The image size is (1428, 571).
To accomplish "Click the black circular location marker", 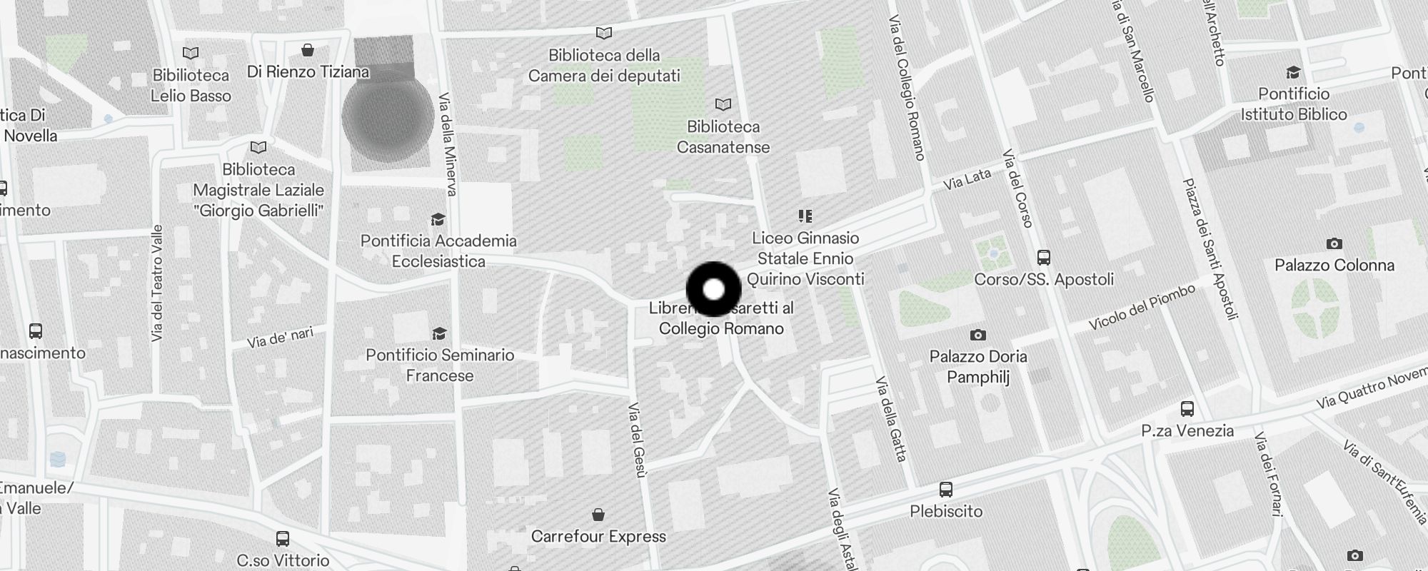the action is point(713,289).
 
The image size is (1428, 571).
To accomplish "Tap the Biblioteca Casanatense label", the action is point(723,137).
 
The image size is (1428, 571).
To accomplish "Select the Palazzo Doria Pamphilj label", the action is point(978,366).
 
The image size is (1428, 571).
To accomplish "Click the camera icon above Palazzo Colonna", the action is point(1334,244).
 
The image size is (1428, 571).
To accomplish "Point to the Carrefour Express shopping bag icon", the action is point(598,515).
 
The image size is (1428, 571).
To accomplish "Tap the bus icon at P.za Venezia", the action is point(1187,409).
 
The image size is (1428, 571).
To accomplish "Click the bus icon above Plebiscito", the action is point(946,490).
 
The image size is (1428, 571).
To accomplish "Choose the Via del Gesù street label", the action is point(638,439).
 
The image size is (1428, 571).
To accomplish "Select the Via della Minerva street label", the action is point(448,143).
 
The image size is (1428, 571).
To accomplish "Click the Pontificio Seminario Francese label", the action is point(440,365).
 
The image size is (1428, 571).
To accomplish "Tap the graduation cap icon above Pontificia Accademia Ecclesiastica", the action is point(438,219).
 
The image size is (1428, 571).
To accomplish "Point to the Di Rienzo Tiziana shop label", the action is point(308,72).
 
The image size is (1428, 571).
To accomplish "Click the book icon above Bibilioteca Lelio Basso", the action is point(191,53).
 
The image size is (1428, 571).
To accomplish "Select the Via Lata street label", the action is point(967,179).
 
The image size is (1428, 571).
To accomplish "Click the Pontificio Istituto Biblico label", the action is point(1293,104).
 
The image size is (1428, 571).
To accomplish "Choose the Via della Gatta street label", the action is point(892,418).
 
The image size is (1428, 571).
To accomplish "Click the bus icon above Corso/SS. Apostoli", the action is point(1043,257).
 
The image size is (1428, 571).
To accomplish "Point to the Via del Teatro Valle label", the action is point(157,283).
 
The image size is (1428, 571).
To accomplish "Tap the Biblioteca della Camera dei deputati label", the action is point(604,66).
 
